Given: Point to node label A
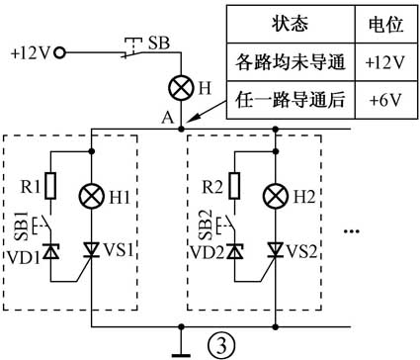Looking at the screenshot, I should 169,117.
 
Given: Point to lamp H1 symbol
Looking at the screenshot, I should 92,197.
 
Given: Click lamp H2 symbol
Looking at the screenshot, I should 275,197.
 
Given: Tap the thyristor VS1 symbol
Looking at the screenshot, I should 92,253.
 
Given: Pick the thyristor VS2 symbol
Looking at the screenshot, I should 275,253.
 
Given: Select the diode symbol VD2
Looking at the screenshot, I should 235,253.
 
